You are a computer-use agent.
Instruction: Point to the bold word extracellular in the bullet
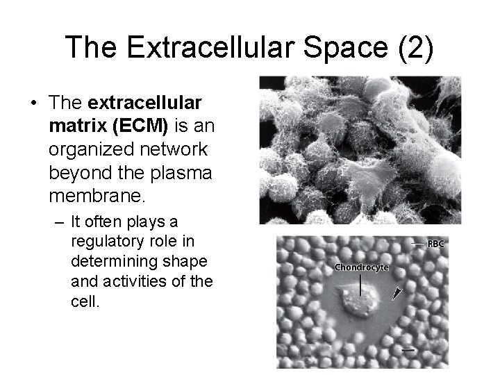(146, 103)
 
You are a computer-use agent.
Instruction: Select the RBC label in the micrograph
(435, 244)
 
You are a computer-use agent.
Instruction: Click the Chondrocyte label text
(361, 266)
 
